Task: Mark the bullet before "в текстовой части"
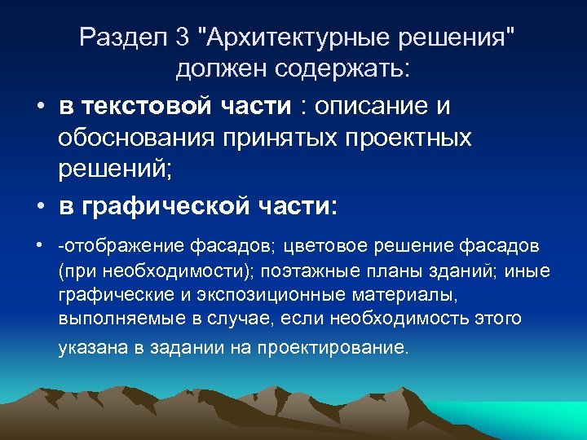pyautogui.click(x=39, y=108)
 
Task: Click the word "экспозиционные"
pyautogui.click(x=241, y=293)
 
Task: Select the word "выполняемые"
pyautogui.click(x=105, y=317)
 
